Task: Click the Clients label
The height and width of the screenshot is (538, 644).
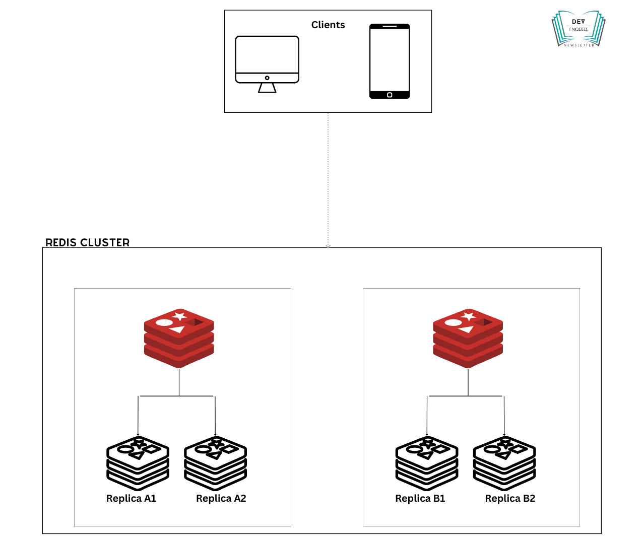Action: pyautogui.click(x=328, y=25)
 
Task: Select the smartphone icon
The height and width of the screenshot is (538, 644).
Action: pyautogui.click(x=390, y=61)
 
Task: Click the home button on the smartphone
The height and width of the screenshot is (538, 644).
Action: pyautogui.click(x=390, y=95)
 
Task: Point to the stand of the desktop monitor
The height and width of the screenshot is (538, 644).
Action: pyautogui.click(x=267, y=88)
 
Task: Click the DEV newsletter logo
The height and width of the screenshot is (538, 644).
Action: pyautogui.click(x=578, y=29)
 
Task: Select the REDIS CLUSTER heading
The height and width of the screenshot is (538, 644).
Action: pyautogui.click(x=88, y=242)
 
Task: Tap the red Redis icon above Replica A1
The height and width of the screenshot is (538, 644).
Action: pyautogui.click(x=179, y=338)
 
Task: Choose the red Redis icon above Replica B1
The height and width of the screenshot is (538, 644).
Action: pyautogui.click(x=468, y=338)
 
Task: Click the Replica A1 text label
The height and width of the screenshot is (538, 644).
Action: pyautogui.click(x=132, y=498)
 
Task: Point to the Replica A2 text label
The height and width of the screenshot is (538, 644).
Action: pyautogui.click(x=221, y=498)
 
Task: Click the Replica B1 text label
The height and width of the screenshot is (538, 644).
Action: pyautogui.click(x=420, y=498)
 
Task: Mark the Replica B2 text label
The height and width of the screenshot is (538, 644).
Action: pyautogui.click(x=510, y=498)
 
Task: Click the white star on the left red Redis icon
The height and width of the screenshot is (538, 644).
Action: pyautogui.click(x=180, y=316)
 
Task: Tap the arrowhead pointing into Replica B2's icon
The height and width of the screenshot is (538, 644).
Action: pyautogui.click(x=504, y=434)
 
